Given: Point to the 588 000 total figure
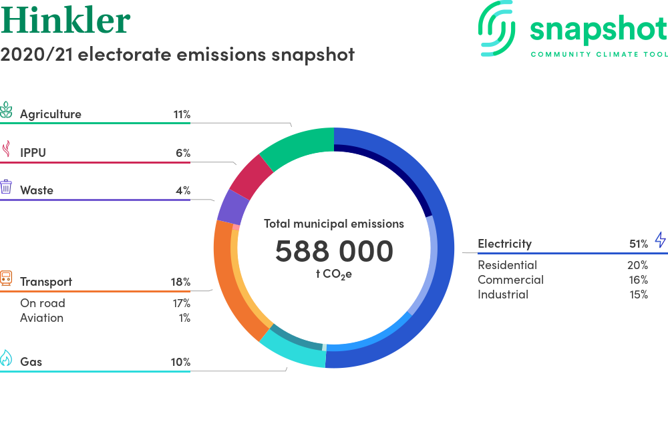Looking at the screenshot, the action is pyautogui.click(x=334, y=251).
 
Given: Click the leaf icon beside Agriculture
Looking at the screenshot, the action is pyautogui.click(x=6, y=110).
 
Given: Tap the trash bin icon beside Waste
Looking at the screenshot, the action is pyautogui.click(x=6, y=187).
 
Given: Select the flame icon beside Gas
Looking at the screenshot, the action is pyautogui.click(x=6, y=358).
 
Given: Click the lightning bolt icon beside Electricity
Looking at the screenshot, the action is pyautogui.click(x=661, y=239).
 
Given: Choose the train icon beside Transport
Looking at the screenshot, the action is pyautogui.click(x=6, y=278).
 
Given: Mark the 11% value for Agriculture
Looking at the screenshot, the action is pyautogui.click(x=182, y=115).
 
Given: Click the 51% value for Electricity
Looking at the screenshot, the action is pyautogui.click(x=639, y=244).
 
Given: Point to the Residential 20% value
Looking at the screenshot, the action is pyautogui.click(x=638, y=265).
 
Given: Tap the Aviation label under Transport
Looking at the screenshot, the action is pyautogui.click(x=41, y=318).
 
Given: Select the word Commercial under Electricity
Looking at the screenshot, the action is pyautogui.click(x=511, y=280).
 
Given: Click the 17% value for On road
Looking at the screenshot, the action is pyautogui.click(x=182, y=303).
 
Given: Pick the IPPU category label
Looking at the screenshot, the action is pyautogui.click(x=33, y=152).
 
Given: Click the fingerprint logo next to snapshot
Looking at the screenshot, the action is pyautogui.click(x=496, y=28).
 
